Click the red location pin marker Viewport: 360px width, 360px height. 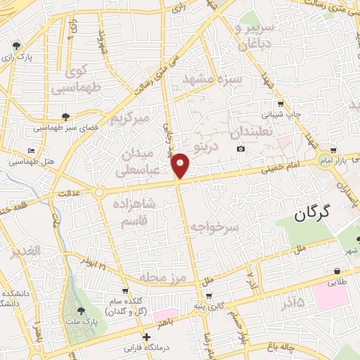click(181, 165)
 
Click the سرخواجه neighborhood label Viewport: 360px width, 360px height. click(214, 227)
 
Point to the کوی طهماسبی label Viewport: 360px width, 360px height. click(86, 79)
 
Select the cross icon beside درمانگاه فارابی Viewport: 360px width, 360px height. click(146, 337)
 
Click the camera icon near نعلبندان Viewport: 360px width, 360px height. click(241, 148)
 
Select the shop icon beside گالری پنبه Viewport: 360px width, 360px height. click(208, 296)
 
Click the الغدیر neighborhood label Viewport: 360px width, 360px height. click(23, 257)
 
